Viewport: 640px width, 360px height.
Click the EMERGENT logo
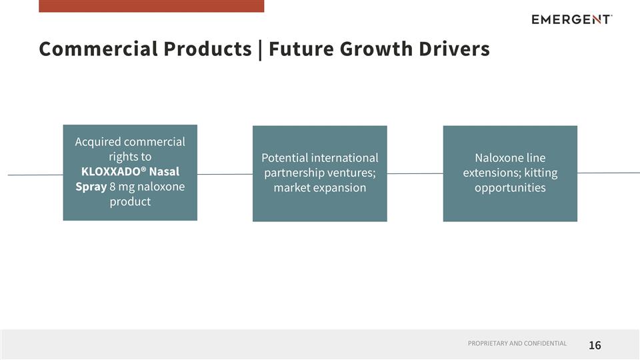pyautogui.click(x=571, y=19)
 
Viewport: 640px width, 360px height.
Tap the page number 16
pyautogui.click(x=595, y=345)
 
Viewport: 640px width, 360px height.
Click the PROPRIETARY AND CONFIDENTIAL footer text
pyautogui.click(x=517, y=343)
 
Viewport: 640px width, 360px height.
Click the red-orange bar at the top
pyautogui.click(x=151, y=6)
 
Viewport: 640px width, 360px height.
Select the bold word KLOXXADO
pyautogui.click(x=109, y=171)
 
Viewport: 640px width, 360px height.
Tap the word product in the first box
pyautogui.click(x=130, y=201)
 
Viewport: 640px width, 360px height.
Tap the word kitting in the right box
pyautogui.click(x=539, y=173)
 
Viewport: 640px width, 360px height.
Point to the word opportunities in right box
pyautogui.click(x=510, y=187)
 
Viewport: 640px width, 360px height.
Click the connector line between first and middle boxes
pyautogui.click(x=225, y=174)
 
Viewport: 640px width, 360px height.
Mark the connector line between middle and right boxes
pyautogui.click(x=415, y=173)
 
